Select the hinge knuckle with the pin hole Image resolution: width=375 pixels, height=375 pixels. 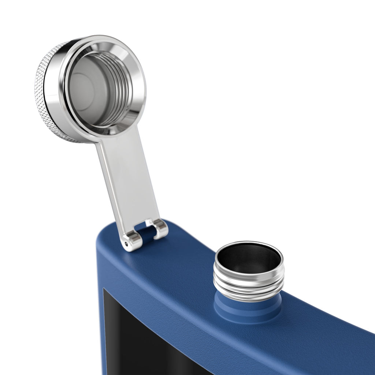click(131, 241)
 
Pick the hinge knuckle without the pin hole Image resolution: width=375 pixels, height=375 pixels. click(160, 228)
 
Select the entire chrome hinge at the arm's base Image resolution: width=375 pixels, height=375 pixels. click(145, 234)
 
